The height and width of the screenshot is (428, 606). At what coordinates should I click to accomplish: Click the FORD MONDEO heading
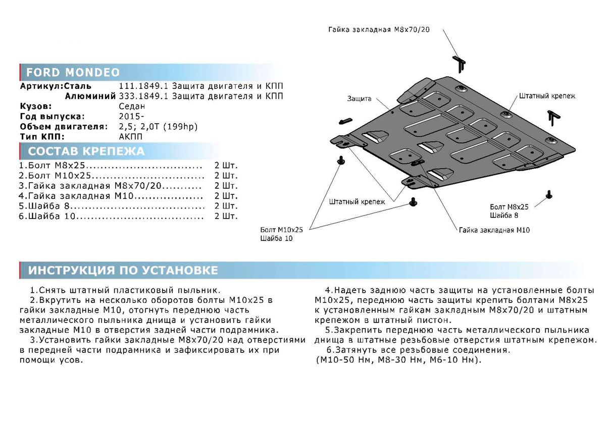(x=73, y=71)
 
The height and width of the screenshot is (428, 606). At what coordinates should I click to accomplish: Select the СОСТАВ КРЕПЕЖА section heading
(x=86, y=151)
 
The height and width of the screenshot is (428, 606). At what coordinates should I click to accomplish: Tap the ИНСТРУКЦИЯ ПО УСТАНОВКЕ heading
(x=123, y=271)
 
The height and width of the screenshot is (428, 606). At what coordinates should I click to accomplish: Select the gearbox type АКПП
(x=131, y=137)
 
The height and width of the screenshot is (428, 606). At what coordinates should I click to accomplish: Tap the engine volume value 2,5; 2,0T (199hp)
(x=159, y=127)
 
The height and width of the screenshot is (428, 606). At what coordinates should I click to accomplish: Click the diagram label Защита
(x=359, y=98)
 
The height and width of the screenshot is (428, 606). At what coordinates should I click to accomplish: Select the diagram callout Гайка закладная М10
(x=494, y=230)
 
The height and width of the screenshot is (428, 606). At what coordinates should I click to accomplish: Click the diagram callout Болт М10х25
(x=282, y=230)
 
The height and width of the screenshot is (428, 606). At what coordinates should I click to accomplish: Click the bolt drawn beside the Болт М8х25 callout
(x=549, y=194)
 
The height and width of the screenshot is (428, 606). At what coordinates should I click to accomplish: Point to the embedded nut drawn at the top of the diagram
(x=460, y=63)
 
